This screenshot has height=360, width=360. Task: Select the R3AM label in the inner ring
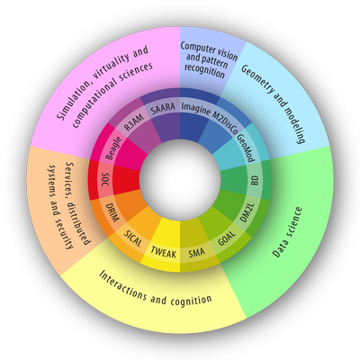(x=134, y=122)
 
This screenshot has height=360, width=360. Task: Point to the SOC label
(x=105, y=179)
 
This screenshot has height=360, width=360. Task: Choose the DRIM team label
(x=112, y=211)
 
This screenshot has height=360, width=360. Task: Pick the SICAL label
(x=133, y=238)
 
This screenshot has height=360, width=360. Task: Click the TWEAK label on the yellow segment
(x=164, y=252)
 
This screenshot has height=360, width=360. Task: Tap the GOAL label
(x=227, y=238)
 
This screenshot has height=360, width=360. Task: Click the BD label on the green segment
(x=256, y=181)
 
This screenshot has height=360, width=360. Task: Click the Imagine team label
(x=195, y=109)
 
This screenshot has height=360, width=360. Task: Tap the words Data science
(x=287, y=232)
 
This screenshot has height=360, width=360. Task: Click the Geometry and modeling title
(x=274, y=103)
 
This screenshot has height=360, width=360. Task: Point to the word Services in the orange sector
(x=71, y=175)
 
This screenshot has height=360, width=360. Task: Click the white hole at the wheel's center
(x=180, y=180)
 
